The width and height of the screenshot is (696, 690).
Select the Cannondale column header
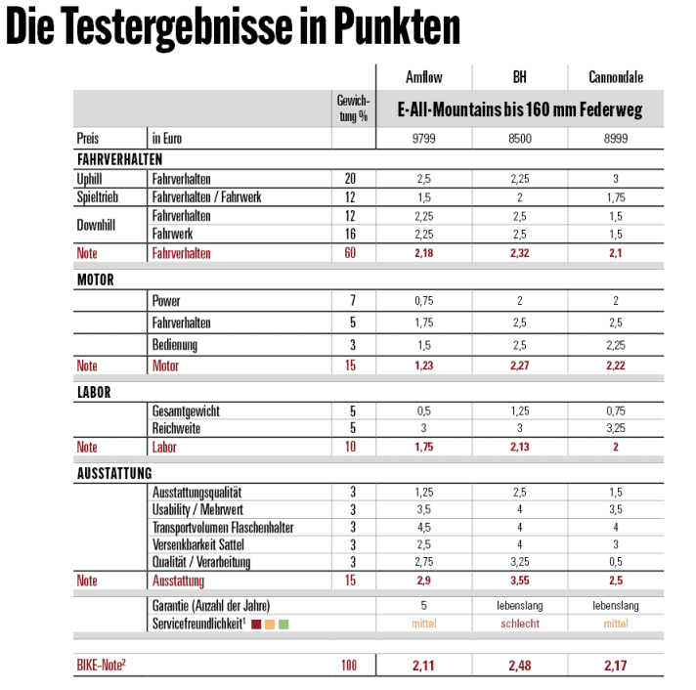(x=616, y=77)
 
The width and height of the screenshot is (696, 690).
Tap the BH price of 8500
(x=520, y=139)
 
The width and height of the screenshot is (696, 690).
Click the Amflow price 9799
(x=423, y=139)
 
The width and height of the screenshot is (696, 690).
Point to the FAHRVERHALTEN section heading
(x=119, y=158)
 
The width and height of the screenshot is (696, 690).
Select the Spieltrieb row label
(x=99, y=197)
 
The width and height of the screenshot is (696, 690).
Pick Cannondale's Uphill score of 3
(x=616, y=179)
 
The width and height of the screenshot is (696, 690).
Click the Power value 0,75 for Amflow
(x=423, y=301)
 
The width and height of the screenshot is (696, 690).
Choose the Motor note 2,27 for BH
(x=520, y=366)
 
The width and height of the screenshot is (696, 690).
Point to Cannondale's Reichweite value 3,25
(x=616, y=428)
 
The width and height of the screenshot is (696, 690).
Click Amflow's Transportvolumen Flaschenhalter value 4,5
(x=423, y=527)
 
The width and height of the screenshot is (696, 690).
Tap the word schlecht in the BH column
(x=520, y=623)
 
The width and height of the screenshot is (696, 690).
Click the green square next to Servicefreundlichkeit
(x=283, y=623)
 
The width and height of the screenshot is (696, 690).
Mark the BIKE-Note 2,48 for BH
(x=520, y=666)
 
